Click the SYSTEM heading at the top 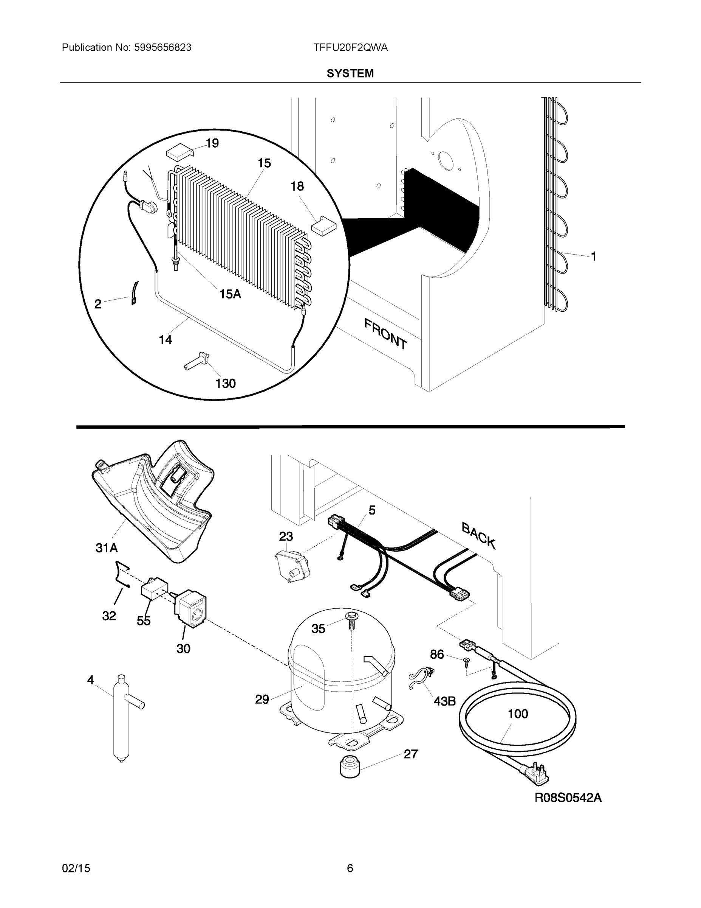350,74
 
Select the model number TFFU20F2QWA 351,48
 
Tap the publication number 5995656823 162,48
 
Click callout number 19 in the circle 212,143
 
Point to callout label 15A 230,294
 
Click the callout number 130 226,383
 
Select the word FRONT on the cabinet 385,333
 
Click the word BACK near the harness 478,536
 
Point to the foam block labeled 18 324,225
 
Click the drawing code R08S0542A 568,798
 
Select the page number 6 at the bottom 350,868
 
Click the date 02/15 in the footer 76,868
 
